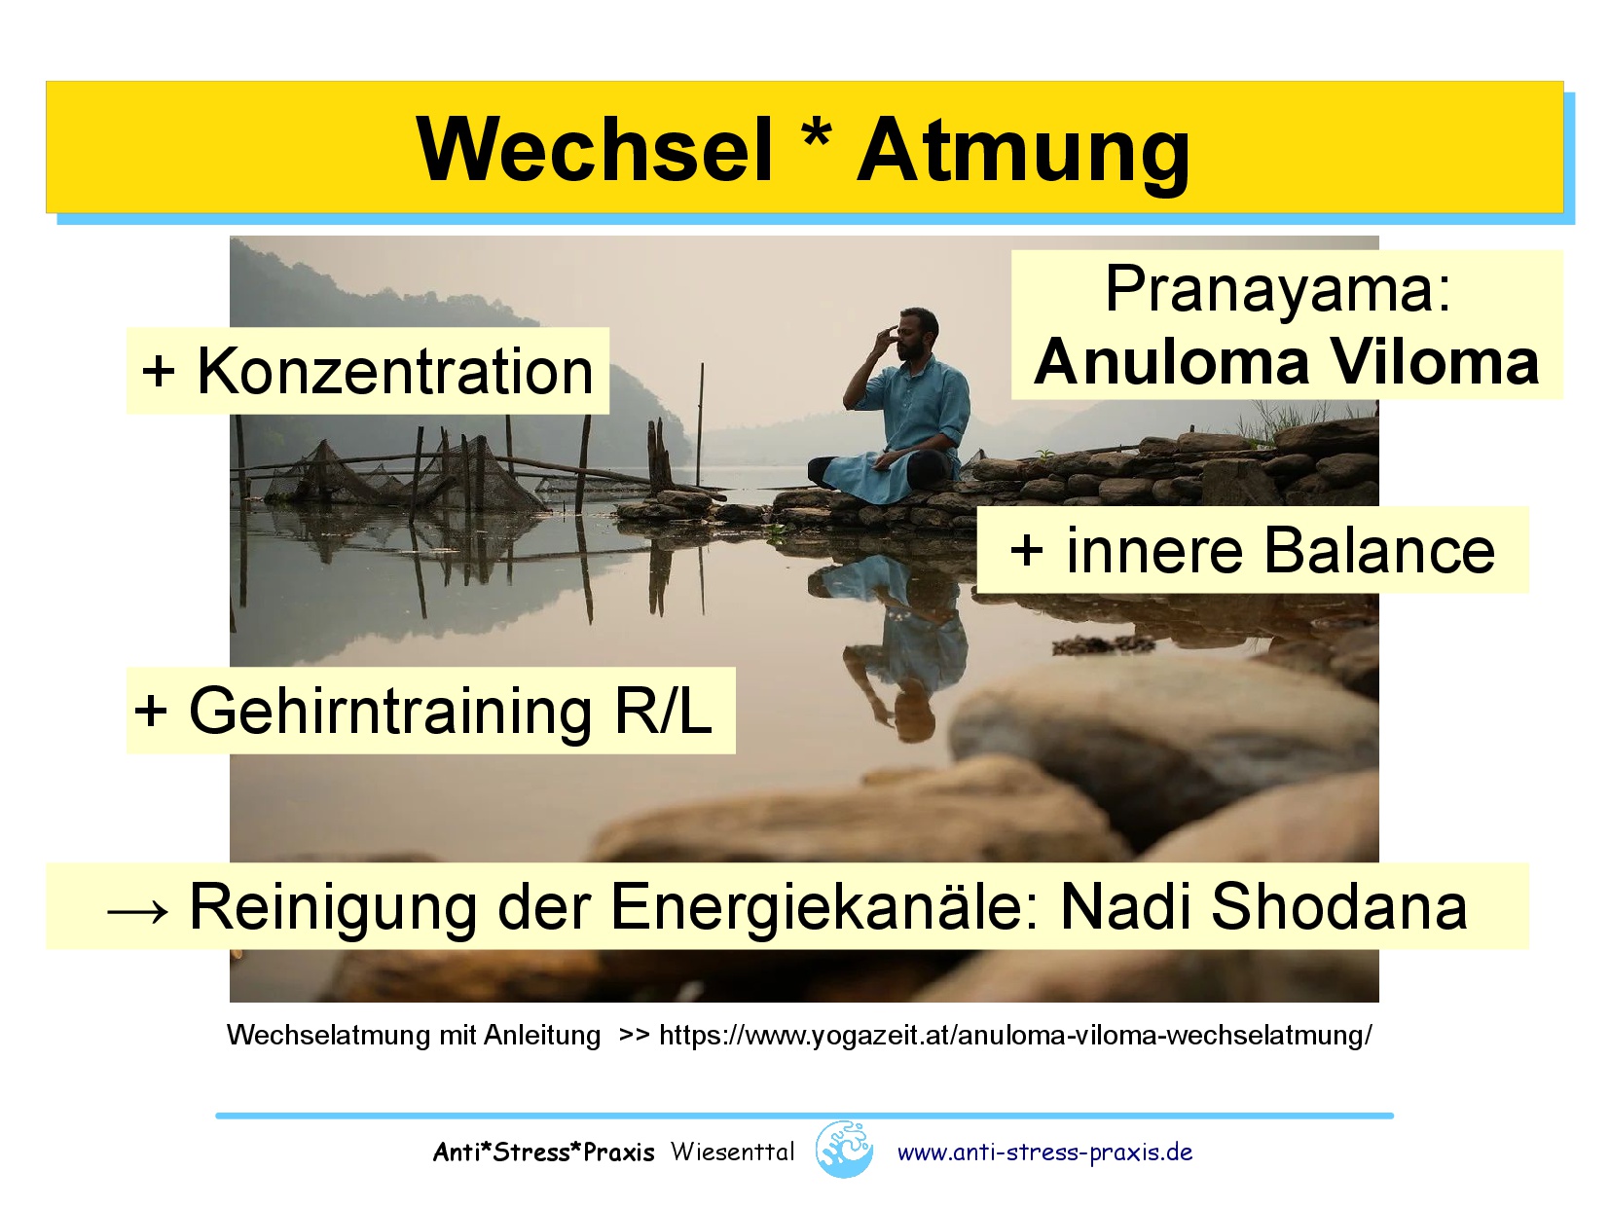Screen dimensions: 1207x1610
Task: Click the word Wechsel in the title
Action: point(594,150)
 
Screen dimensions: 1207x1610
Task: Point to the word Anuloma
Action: point(1171,362)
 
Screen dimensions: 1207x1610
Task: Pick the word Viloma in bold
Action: point(1434,362)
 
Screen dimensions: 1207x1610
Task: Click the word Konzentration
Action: point(394,372)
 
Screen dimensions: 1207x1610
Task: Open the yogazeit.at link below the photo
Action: point(1015,1035)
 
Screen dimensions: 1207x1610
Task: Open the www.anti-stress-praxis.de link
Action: point(1044,1152)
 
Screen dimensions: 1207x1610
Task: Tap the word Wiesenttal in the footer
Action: point(732,1152)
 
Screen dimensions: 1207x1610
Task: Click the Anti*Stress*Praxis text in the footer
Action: point(543,1152)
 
